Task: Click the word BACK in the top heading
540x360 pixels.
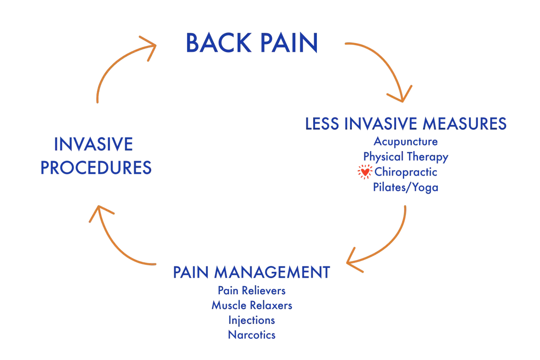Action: tap(219, 43)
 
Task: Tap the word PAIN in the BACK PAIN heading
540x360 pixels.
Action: tap(289, 43)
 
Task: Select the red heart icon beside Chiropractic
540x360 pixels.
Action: tap(365, 172)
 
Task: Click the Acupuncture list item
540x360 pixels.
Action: tap(406, 142)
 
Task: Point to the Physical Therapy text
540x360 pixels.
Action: tap(406, 157)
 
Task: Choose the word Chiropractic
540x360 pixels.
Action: tap(406, 172)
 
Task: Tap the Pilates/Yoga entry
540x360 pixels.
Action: tap(406, 187)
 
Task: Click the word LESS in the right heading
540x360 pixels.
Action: tap(322, 124)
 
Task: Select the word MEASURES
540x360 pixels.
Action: tap(465, 124)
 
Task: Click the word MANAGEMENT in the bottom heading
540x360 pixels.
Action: tap(272, 272)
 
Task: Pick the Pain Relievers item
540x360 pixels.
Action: tap(252, 291)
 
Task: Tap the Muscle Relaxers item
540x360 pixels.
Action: tap(252, 306)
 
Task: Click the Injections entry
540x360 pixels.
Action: tap(252, 320)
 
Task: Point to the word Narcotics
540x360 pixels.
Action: tap(252, 335)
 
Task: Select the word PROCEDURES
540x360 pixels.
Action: tap(96, 167)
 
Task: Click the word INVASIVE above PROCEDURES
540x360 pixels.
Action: tap(94, 144)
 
